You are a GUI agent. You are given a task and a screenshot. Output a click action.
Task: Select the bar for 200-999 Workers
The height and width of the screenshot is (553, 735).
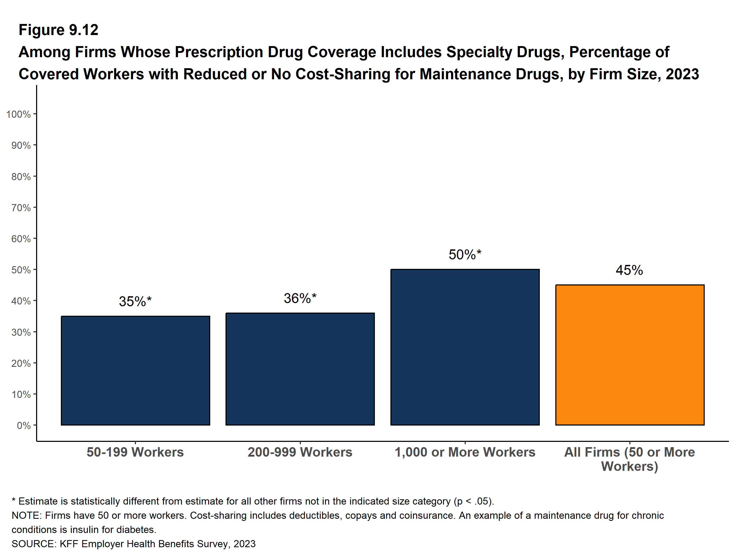[300, 369]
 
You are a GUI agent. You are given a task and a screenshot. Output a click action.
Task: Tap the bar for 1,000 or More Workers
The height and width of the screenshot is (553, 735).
[465, 347]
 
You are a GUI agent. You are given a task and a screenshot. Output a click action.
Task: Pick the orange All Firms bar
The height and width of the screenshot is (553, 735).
[630, 355]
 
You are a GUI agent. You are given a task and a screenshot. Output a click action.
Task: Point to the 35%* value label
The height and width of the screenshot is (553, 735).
[135, 301]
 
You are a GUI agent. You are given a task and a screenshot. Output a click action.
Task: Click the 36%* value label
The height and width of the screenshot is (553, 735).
[300, 298]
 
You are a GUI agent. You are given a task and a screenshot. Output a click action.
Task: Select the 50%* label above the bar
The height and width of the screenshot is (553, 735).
[465, 254]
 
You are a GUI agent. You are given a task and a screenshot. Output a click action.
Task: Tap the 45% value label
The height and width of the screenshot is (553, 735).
[629, 270]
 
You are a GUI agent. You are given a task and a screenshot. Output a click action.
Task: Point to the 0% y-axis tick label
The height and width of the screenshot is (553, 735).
[24, 426]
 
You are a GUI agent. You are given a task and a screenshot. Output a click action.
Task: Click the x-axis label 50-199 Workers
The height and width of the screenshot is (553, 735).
[135, 452]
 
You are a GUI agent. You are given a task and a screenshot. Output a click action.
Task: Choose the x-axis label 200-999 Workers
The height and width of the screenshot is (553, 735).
[300, 452]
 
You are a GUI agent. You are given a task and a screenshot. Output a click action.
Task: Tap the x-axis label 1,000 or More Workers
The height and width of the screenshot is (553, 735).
[465, 452]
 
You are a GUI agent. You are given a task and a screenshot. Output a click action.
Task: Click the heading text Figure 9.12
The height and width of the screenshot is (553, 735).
[58, 30]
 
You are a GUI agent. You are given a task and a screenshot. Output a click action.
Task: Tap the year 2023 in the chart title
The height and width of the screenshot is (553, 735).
[683, 74]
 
